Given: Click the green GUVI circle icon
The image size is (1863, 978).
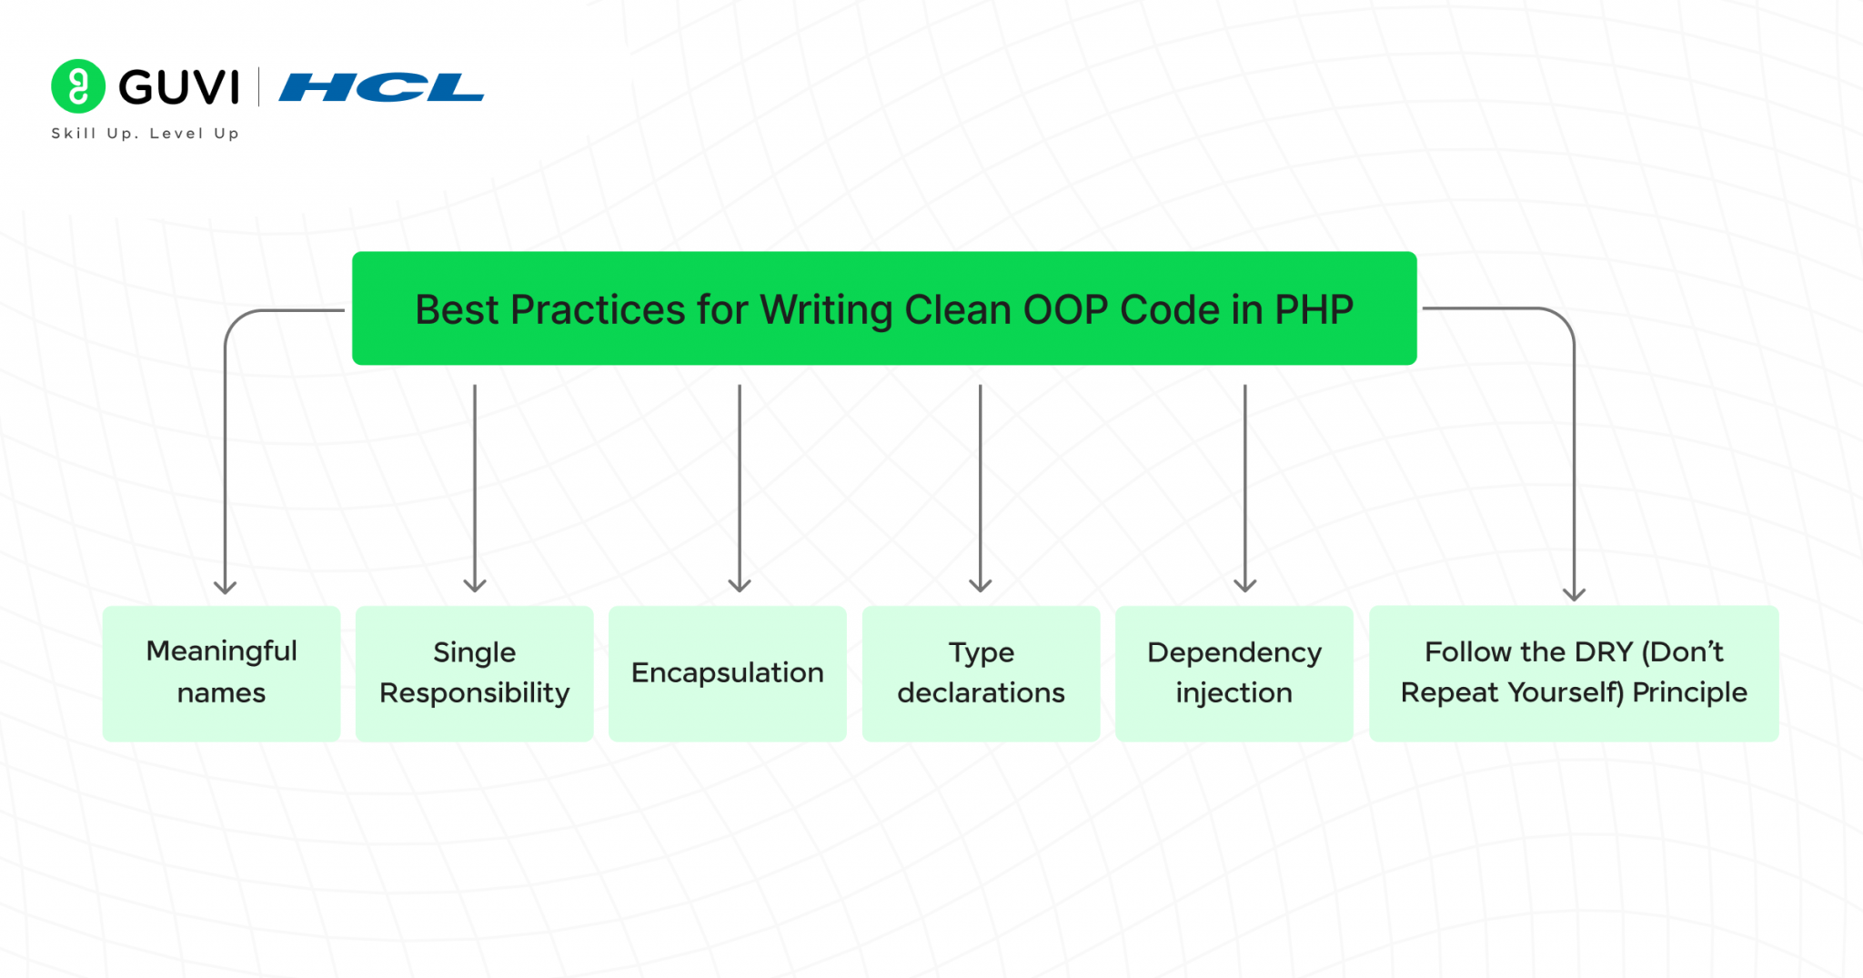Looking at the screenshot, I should (78, 86).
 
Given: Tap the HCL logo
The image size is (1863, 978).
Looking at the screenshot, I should (381, 87).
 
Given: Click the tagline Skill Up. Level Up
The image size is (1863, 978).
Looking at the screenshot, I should (145, 134).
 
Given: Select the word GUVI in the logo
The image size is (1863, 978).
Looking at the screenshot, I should (179, 87).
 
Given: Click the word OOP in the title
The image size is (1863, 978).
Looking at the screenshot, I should (1065, 310).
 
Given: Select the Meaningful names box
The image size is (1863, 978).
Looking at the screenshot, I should (221, 673).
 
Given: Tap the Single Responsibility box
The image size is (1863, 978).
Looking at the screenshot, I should (474, 673).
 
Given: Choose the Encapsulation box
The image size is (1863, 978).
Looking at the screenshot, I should (727, 673).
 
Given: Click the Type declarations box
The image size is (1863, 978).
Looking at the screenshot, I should (981, 673).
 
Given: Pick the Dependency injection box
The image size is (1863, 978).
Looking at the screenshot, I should (1234, 673).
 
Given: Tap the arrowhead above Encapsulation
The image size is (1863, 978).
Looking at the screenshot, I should (740, 585).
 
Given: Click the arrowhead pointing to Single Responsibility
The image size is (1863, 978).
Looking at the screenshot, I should (475, 585).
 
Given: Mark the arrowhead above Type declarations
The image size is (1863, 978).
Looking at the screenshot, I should (980, 585).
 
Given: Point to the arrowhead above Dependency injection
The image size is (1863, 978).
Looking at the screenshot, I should (1244, 585).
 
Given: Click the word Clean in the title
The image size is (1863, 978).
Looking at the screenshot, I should (958, 310).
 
